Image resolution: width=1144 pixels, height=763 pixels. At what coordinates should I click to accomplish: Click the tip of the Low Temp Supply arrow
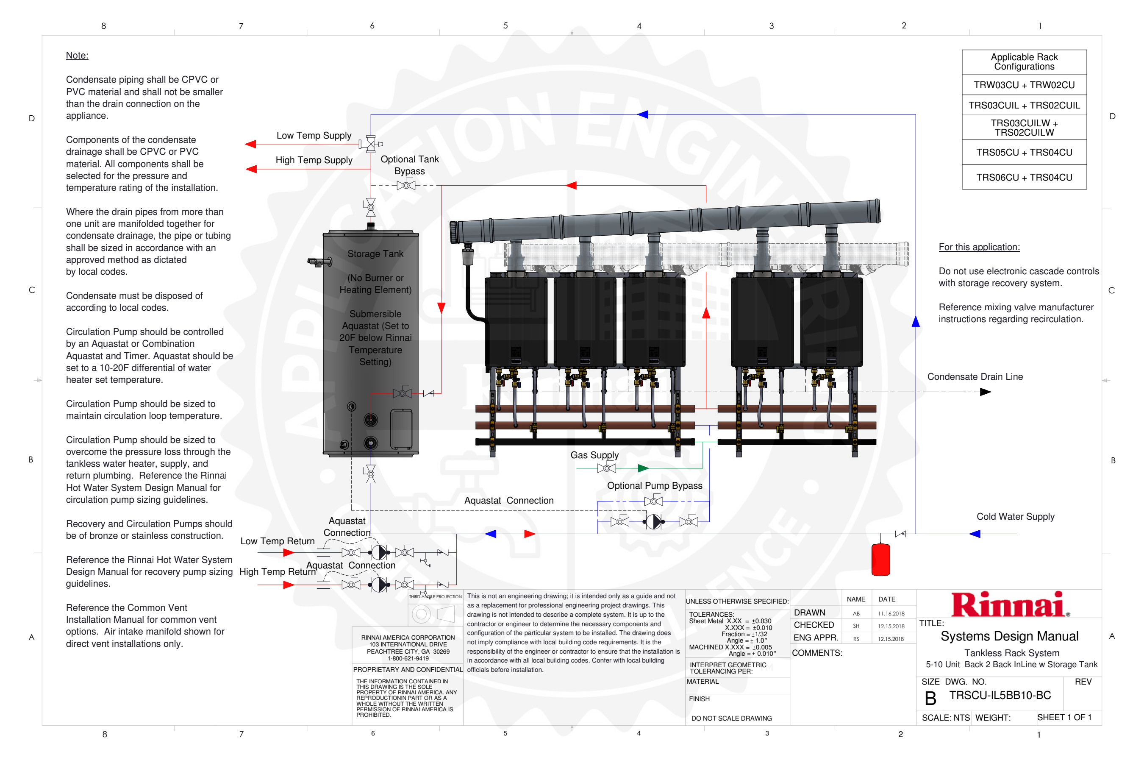click(245, 144)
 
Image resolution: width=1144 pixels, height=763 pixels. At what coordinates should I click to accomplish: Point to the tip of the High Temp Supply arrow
click(246, 169)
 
